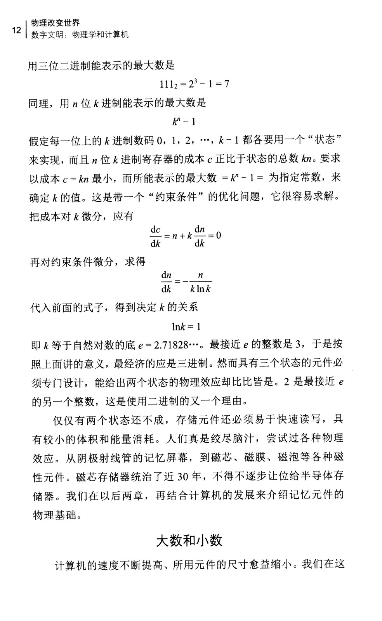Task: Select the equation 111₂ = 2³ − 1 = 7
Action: (x=194, y=83)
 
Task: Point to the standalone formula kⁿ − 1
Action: (x=184, y=122)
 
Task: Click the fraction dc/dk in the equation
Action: (x=156, y=236)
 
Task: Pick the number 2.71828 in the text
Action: (x=171, y=345)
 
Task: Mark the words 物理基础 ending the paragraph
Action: (x=52, y=515)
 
